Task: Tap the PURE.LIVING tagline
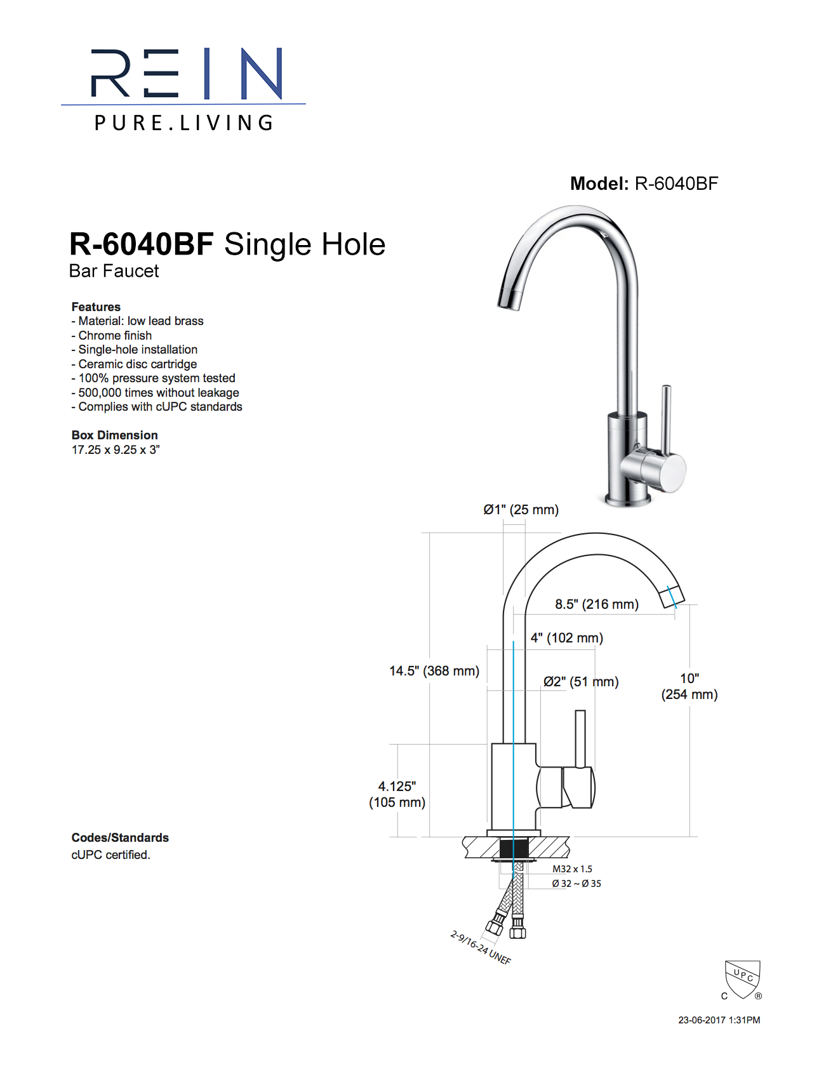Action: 183,123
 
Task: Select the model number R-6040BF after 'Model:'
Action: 676,184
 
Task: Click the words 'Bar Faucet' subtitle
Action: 114,271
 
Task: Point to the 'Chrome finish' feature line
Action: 115,335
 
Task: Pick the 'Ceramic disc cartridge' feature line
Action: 137,364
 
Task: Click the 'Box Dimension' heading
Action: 114,435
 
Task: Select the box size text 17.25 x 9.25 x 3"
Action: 116,449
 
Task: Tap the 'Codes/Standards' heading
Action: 120,837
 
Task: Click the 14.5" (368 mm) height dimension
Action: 434,671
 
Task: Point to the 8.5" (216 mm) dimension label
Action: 597,604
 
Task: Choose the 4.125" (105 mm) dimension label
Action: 397,794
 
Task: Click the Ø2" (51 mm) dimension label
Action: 581,682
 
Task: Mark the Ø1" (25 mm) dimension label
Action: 521,510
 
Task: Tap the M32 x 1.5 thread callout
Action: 572,869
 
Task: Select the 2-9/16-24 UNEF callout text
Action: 481,948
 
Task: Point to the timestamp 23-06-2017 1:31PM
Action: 719,1020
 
